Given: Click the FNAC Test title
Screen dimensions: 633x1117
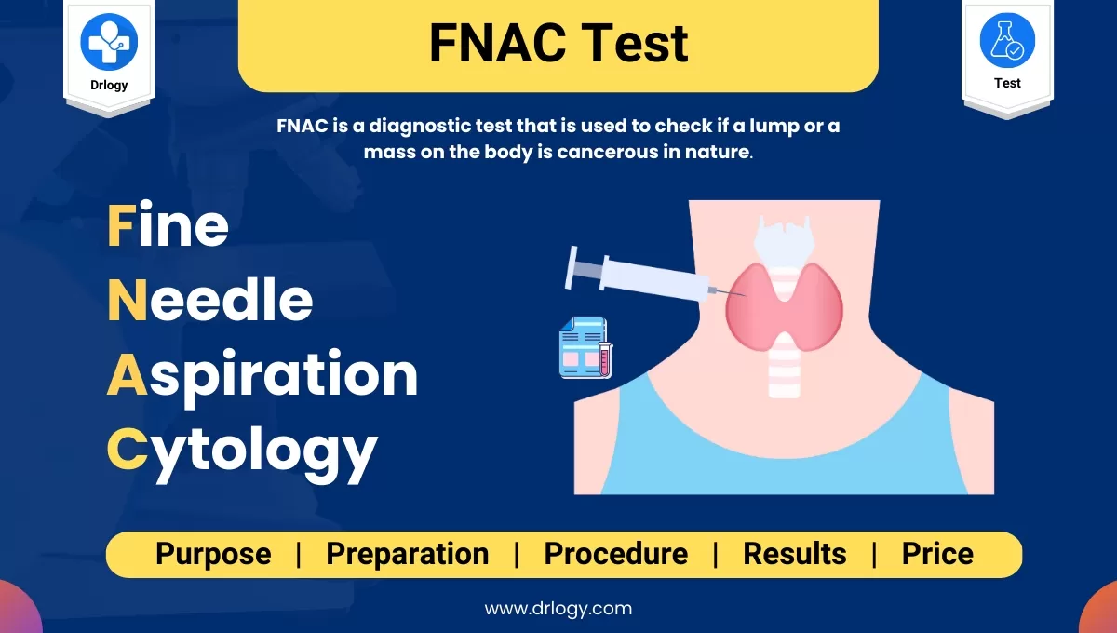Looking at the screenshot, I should tap(558, 44).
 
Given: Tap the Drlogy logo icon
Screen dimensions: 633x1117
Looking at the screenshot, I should tap(109, 41).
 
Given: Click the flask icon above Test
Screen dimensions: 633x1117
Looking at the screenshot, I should tap(1007, 41).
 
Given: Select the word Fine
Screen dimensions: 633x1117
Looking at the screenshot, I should tap(168, 226).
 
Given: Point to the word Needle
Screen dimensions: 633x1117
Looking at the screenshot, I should tap(209, 300).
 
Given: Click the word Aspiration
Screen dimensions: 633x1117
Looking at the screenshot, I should tap(262, 375).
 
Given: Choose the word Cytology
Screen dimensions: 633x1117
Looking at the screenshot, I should tap(242, 450).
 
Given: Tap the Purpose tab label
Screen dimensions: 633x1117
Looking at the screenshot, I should tap(213, 554).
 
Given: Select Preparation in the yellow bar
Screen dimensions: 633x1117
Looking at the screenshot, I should tap(407, 554).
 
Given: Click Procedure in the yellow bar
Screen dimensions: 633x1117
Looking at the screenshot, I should tap(615, 554).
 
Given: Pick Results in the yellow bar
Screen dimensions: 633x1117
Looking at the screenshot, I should tap(794, 554).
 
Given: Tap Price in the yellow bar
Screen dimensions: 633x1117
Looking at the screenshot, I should tap(937, 554).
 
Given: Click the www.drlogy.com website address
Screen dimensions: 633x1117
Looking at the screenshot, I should tap(558, 609).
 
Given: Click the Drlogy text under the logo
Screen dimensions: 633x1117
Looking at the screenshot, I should tap(109, 85).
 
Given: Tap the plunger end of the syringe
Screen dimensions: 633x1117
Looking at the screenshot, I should tap(572, 266).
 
